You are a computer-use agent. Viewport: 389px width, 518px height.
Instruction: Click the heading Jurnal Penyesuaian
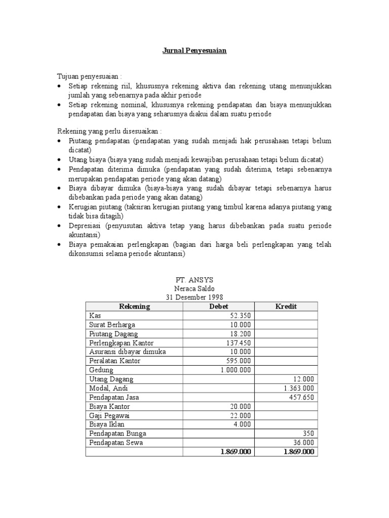pyautogui.click(x=194, y=51)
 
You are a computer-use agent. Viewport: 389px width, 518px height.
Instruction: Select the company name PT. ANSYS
pyautogui.click(x=194, y=280)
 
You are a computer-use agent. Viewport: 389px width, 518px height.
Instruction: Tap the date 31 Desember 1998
pyautogui.click(x=194, y=297)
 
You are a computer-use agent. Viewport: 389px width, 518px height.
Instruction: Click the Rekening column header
pyautogui.click(x=134, y=307)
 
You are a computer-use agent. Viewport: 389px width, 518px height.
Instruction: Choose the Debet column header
pyautogui.click(x=219, y=307)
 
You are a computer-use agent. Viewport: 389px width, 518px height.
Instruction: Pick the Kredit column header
pyautogui.click(x=286, y=307)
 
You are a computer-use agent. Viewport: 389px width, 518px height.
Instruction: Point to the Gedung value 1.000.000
pyautogui.click(x=236, y=370)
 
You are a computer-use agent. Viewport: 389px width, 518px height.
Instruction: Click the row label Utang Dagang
pyautogui.click(x=111, y=379)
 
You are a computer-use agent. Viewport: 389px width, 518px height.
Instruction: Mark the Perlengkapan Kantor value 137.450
pyautogui.click(x=238, y=343)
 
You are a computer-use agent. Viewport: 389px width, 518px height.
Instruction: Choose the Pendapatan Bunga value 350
pyautogui.click(x=308, y=434)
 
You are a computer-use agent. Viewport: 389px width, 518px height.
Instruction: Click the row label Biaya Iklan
pyautogui.click(x=107, y=424)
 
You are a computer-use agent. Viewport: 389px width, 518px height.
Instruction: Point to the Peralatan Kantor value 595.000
pyautogui.click(x=238, y=361)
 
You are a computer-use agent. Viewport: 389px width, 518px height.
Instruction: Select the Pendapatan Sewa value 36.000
pyautogui.click(x=303, y=443)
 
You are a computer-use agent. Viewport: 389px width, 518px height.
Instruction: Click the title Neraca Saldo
pyautogui.click(x=194, y=288)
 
